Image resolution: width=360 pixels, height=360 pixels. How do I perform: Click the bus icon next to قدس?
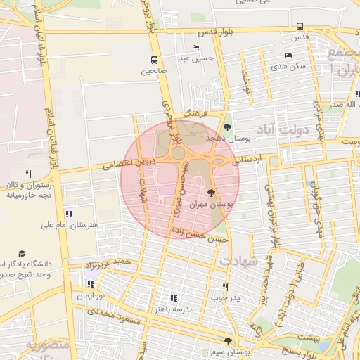[300, 26]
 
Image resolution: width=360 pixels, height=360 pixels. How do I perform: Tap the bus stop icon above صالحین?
[154, 60]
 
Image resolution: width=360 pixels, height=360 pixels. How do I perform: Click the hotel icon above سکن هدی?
[288, 56]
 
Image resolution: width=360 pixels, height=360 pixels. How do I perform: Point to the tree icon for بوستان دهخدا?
[226, 127]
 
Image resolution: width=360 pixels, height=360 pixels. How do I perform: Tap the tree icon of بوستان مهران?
[212, 192]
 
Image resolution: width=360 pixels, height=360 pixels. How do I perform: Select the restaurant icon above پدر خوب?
[226, 287]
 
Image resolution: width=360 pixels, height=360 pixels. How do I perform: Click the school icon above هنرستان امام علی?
[68, 214]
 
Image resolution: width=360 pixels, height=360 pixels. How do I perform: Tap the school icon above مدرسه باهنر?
[174, 298]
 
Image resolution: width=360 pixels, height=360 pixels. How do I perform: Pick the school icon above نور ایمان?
[90, 285]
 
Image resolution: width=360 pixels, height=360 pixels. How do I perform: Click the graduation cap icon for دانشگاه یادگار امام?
[22, 252]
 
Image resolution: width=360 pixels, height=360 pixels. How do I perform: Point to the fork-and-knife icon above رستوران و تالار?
[28, 173]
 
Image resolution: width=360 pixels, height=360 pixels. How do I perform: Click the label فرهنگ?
[192, 112]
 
